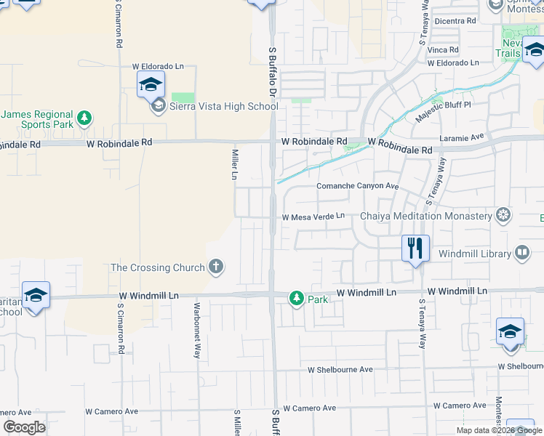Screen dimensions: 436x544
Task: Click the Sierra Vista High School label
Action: [x=223, y=107]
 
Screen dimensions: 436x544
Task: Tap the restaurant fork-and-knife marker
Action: [x=415, y=249]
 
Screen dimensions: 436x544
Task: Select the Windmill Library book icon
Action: [x=521, y=253]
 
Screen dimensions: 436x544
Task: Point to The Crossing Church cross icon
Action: [x=215, y=267]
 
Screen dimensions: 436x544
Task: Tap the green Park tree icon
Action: [x=296, y=298]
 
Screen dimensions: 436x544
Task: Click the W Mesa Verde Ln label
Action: [x=313, y=217]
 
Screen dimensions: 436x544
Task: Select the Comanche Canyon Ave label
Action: [x=357, y=186]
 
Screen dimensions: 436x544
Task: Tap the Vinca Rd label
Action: [x=443, y=50]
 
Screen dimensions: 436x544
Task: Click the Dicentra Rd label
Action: [x=455, y=21]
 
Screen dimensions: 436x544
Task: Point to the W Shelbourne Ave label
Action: [x=340, y=369]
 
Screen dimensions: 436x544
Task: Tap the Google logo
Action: [x=24, y=427]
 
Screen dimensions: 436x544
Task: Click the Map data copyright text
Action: [x=498, y=430]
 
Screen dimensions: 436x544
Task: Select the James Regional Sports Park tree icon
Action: [x=84, y=117]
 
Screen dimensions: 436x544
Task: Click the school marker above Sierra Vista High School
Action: [x=151, y=84]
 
